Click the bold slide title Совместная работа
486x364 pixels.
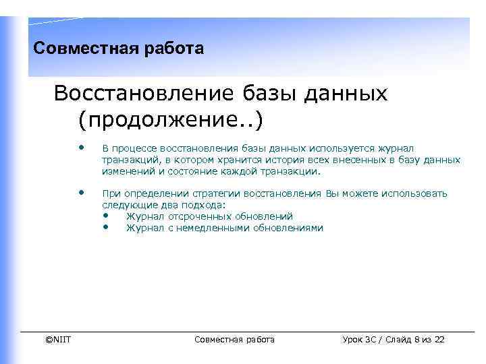[x=118, y=49]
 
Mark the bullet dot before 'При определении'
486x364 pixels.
[x=82, y=193]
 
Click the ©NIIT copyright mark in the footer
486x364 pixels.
[x=58, y=339]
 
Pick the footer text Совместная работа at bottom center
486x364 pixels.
[x=234, y=339]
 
